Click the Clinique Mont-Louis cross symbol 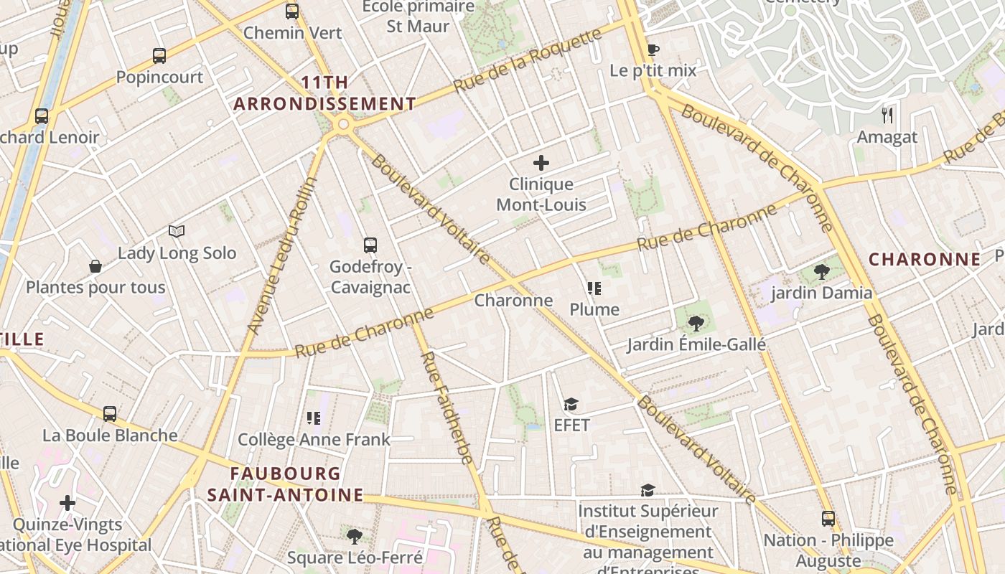tap(541, 163)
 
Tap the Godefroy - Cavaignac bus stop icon tap(370, 245)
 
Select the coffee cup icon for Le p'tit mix tap(652, 50)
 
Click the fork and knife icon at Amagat tap(887, 115)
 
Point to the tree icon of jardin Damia tap(821, 272)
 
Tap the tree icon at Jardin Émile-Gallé tap(695, 323)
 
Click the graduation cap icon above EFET tap(571, 405)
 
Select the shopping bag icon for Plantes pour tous tap(95, 267)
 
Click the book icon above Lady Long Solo tap(177, 231)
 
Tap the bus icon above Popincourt tap(159, 55)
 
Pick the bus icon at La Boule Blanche tap(109, 414)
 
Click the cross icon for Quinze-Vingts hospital tap(67, 503)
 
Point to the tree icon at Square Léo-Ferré tap(354, 536)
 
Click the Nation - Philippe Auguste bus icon tap(828, 519)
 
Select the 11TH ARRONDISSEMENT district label tap(324, 93)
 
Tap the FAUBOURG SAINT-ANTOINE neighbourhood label tap(286, 484)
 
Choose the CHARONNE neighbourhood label tap(925, 260)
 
